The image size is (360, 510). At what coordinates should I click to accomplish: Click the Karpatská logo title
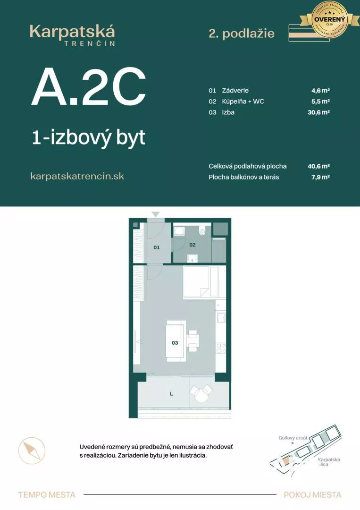pos(72,32)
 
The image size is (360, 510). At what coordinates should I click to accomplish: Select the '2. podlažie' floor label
pos(241,33)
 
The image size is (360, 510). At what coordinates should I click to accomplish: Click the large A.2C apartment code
pos(88,87)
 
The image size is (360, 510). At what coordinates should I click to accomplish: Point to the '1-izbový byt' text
pos(88,138)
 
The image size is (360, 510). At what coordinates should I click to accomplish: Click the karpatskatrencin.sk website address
pos(77,176)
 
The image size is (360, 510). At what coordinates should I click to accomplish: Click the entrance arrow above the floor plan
pos(155,214)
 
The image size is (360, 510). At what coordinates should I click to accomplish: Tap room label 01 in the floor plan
pos(157,247)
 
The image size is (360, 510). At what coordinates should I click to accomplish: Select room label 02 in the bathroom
pos(193,245)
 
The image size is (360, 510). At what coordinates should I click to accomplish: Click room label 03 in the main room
pos(175,343)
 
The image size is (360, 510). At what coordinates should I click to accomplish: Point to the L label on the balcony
pos(171,393)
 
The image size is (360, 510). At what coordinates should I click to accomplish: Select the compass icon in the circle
pos(32,450)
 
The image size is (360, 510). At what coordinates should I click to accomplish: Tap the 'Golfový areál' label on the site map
pos(293,438)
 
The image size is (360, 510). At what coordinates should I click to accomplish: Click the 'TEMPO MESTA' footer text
pos(47,495)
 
